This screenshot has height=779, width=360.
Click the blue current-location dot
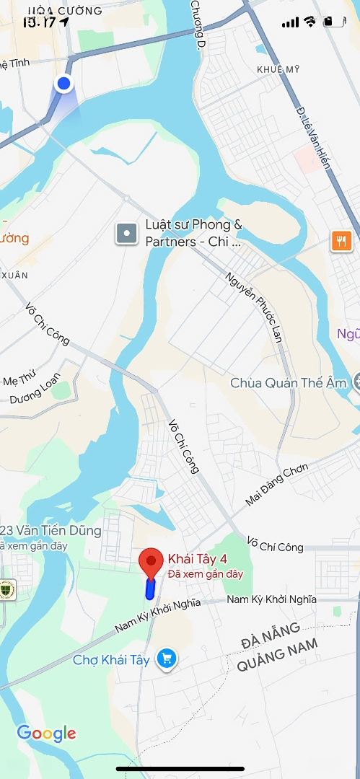(x=64, y=84)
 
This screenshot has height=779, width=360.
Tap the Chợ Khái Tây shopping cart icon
(x=167, y=659)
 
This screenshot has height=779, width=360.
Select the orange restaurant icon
(x=341, y=241)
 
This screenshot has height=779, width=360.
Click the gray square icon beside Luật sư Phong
(x=126, y=233)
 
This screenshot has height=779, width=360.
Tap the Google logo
(x=46, y=734)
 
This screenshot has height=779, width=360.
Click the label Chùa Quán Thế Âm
(x=289, y=383)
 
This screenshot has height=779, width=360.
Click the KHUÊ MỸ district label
(x=277, y=69)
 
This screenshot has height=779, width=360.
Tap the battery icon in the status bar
(x=333, y=22)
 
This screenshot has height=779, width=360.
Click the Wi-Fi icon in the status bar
(x=309, y=22)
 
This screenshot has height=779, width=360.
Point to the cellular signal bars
(x=290, y=22)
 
